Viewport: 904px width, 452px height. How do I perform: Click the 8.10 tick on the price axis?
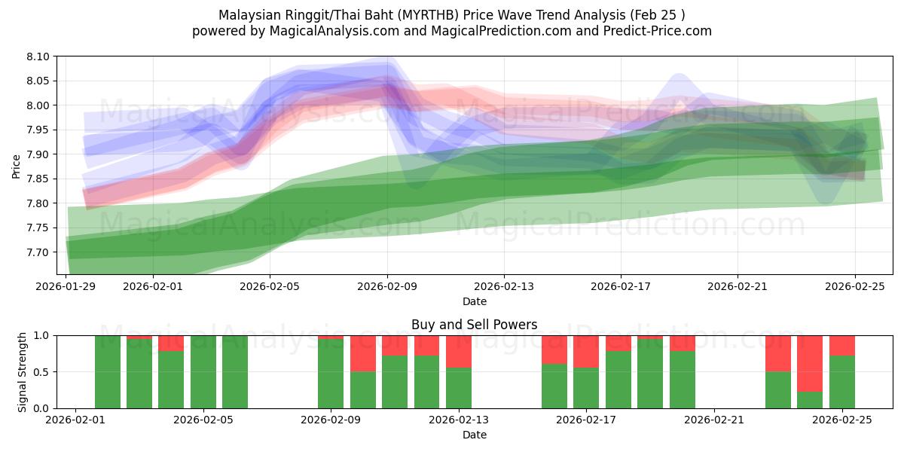click(38, 56)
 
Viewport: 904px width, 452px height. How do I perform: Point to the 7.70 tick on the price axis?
click(38, 252)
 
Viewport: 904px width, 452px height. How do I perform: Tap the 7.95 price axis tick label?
click(38, 130)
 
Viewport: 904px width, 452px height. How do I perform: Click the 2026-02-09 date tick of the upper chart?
click(387, 286)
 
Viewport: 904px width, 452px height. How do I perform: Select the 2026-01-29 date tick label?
click(67, 286)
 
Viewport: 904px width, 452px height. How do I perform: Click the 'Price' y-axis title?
click(17, 166)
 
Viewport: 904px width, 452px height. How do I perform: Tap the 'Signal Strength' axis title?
click(23, 371)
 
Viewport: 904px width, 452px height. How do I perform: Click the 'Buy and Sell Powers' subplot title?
click(475, 325)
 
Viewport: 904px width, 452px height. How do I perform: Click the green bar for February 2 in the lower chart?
click(108, 372)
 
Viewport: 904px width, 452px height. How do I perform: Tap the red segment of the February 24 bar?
click(810, 363)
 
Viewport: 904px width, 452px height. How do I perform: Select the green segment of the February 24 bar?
click(810, 400)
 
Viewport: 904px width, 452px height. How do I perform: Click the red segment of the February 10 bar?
click(363, 353)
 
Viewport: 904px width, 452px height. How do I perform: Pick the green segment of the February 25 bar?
click(841, 382)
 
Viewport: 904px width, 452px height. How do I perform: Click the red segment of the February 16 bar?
click(554, 350)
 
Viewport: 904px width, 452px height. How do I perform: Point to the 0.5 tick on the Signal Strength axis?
click(41, 372)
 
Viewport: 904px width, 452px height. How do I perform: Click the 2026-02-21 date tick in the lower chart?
click(713, 420)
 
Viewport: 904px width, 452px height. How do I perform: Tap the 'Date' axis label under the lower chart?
click(475, 435)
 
